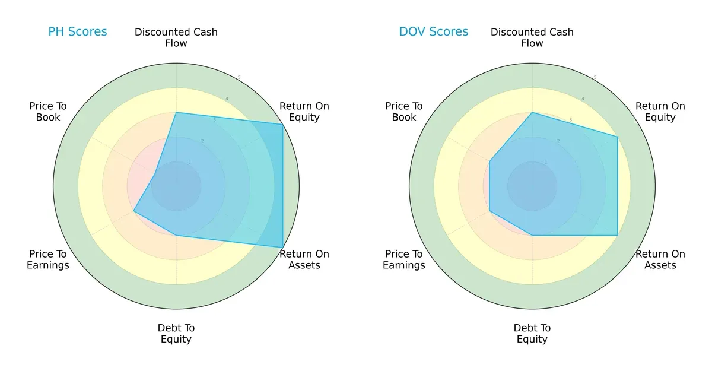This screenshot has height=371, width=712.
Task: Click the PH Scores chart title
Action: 78,31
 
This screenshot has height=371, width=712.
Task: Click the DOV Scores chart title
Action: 434,31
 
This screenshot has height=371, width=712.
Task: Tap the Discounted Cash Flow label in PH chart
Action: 176,37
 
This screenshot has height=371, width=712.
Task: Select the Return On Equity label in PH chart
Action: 304,112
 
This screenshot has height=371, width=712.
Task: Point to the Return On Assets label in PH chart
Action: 304,259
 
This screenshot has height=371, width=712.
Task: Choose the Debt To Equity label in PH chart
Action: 176,334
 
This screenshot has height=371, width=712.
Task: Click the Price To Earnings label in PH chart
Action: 48,259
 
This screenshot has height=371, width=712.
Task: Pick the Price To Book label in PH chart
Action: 48,112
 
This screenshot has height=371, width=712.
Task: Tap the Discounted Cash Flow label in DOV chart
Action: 532,37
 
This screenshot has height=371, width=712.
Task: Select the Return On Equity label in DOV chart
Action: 660,112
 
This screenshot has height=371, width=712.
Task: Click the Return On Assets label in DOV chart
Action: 660,259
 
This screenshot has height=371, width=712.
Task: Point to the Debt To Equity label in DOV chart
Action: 532,334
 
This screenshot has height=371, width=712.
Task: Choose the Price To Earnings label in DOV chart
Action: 404,259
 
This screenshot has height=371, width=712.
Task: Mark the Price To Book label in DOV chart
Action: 404,112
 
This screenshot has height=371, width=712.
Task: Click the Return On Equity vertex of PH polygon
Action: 282,124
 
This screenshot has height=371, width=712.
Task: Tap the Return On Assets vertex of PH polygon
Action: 282,248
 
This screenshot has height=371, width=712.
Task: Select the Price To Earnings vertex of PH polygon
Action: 133,211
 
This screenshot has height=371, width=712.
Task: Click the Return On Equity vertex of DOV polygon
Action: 618,137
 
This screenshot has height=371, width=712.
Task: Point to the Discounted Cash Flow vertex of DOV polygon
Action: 532,112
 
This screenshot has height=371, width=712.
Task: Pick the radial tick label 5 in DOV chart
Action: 595,78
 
